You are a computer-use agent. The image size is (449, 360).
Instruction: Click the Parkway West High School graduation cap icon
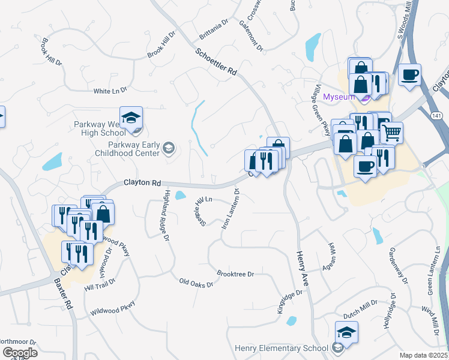coord(131,117)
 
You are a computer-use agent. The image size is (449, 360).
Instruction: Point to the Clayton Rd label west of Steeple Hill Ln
coord(143,182)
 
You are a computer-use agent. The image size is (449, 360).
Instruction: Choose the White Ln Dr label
coord(110,91)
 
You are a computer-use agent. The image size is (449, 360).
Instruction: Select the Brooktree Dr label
coord(236,274)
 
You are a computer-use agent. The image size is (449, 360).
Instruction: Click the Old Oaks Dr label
coord(196,282)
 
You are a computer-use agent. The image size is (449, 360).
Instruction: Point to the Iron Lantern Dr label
coord(231,209)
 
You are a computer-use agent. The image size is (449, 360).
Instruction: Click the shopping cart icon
coord(391,131)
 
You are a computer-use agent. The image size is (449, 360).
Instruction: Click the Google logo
coord(20,353)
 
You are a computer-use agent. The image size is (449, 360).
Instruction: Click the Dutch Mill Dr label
coord(360,304)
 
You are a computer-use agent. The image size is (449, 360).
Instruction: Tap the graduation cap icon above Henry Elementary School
coord(347,331)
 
